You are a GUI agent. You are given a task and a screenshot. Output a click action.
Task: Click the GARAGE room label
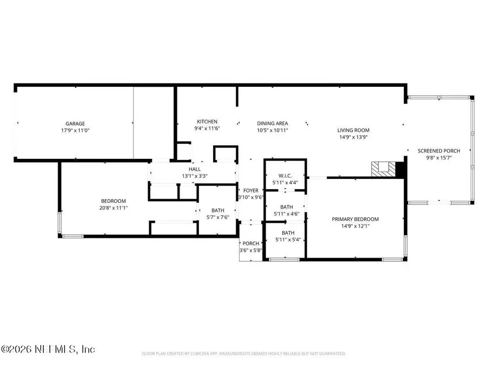[75, 124]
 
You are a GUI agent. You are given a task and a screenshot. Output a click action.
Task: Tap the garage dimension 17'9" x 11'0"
[75, 131]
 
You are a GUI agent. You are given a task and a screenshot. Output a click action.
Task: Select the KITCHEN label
[207, 121]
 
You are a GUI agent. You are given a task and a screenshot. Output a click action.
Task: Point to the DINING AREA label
[272, 123]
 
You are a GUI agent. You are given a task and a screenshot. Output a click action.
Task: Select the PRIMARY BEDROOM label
[355, 219]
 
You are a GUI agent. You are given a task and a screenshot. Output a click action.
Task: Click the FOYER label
[251, 190]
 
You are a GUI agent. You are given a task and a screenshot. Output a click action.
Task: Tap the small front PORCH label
[251, 243]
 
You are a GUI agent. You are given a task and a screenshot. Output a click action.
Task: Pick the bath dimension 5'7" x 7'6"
[217, 217]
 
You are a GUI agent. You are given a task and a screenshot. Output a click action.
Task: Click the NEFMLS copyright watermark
[48, 349]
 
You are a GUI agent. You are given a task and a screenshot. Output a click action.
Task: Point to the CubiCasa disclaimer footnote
[243, 354]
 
